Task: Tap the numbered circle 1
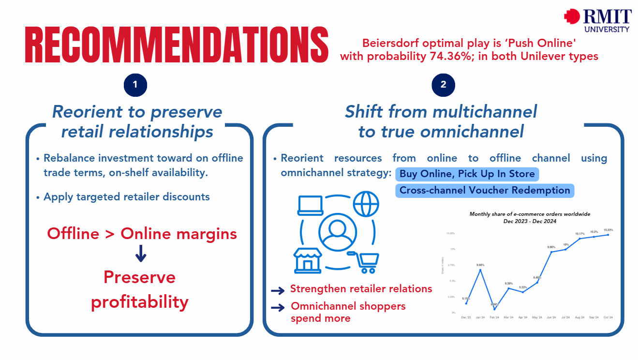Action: tap(135, 85)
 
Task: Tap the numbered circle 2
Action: tap(443, 85)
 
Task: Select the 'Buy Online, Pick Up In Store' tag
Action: tap(467, 174)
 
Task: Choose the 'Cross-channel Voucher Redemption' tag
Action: tap(485, 190)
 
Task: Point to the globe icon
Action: tap(366, 204)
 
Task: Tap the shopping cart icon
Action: tap(366, 262)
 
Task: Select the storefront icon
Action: tap(308, 259)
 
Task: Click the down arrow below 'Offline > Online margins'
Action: tap(141, 254)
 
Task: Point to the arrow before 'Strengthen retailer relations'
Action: tap(278, 290)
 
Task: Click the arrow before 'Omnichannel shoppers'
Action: tap(278, 307)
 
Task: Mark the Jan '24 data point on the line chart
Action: tap(480, 270)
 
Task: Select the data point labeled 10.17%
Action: tap(580, 239)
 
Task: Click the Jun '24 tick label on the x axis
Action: tap(551, 318)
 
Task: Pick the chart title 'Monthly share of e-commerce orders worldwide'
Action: tap(530, 214)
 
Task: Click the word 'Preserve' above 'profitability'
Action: tap(140, 277)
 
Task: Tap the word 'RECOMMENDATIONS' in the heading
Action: tap(177, 45)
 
